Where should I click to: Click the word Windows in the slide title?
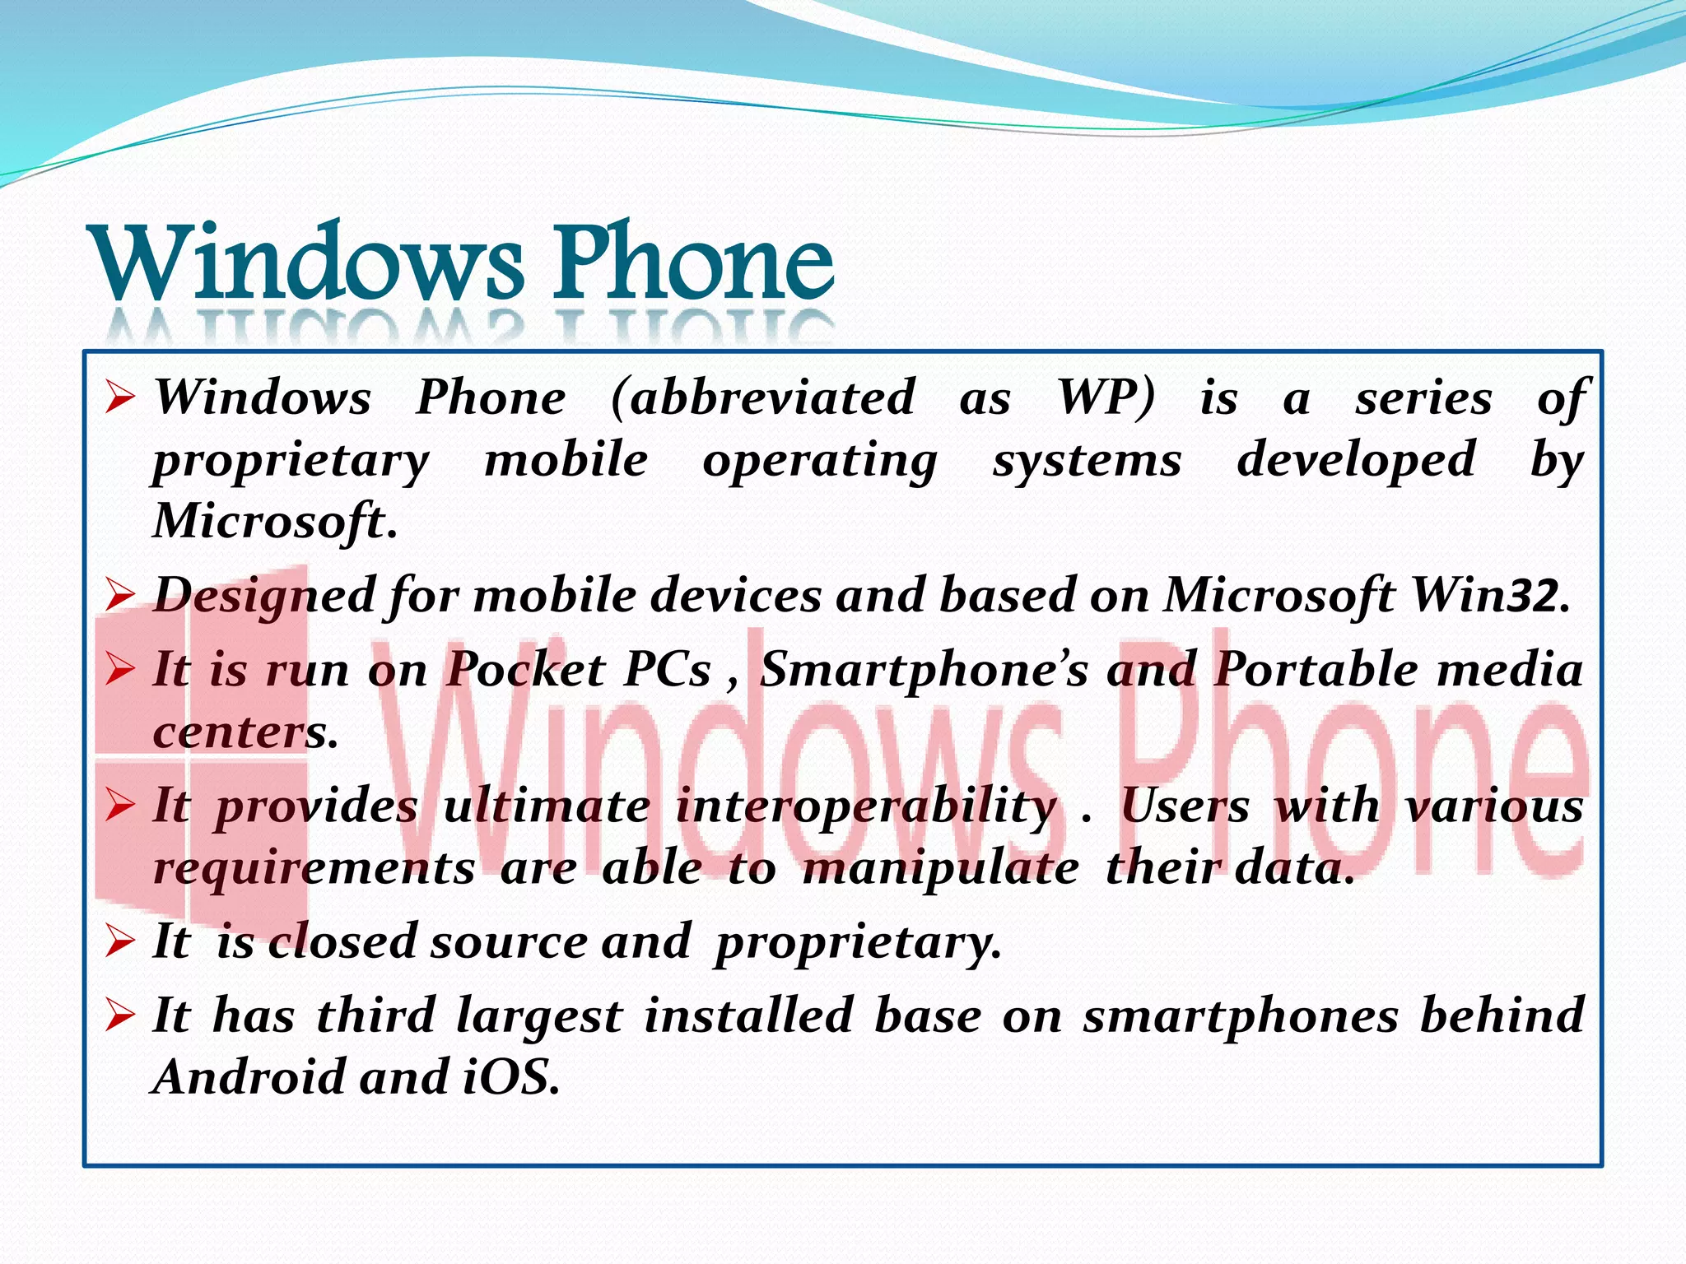click(309, 263)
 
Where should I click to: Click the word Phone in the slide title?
click(693, 263)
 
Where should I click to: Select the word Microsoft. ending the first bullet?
click(275, 521)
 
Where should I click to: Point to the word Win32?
click(1491, 595)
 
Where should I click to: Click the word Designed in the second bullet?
click(264, 595)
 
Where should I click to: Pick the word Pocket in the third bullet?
click(526, 669)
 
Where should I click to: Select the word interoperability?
click(866, 806)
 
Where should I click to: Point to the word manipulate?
click(940, 867)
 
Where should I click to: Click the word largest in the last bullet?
click(539, 1015)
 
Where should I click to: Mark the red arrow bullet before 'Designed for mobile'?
click(120, 594)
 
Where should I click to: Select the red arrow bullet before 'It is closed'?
click(120, 941)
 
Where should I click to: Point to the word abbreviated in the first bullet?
click(763, 397)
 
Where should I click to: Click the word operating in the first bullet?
click(820, 460)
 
